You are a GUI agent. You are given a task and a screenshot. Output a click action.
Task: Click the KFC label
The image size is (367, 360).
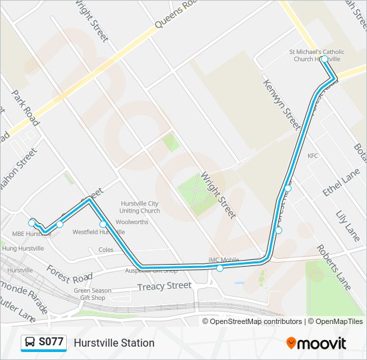click(313, 156)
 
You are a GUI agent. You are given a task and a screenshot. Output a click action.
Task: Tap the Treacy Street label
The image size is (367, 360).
click(164, 286)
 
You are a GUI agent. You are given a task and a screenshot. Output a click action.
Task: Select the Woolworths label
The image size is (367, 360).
click(131, 222)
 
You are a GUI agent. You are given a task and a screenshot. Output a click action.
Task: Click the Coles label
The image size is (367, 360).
click(106, 250)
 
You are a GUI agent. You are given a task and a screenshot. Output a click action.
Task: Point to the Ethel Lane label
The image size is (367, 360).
click(332, 181)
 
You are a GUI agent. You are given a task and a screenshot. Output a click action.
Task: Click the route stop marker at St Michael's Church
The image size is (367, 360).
click(324, 59)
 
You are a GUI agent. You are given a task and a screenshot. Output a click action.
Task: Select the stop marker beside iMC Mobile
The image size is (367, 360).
click(220, 268)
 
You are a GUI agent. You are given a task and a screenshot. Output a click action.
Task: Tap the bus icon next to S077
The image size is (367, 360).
click(30, 343)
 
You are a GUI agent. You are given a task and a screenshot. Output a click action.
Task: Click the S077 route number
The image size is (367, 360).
click(51, 343)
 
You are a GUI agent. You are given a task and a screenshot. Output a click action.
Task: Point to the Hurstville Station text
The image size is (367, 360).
click(114, 343)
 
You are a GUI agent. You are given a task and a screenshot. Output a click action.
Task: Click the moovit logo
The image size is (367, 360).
click(316, 343)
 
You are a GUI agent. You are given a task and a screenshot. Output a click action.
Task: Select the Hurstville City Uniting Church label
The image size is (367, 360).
click(139, 207)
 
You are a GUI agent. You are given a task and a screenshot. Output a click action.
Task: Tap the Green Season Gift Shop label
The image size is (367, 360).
click(89, 294)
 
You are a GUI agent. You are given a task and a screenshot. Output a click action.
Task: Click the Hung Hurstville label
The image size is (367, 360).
click(23, 248)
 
